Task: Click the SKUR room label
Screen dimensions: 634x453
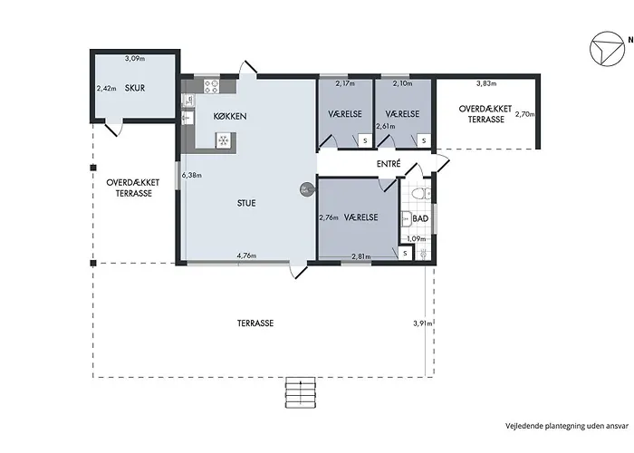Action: pos(135,88)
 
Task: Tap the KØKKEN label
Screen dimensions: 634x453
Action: pos(230,117)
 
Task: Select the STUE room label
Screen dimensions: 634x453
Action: pos(246,203)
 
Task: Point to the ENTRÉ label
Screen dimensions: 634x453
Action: pos(389,163)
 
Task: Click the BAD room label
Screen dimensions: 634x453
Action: pos(420,219)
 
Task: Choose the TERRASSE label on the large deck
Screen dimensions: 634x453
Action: pos(255,323)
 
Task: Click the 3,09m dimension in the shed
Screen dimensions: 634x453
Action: pos(135,58)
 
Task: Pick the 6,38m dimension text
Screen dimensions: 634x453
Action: pos(192,175)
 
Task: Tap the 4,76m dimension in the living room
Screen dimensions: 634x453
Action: pos(246,255)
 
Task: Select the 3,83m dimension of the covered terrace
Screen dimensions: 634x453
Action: pos(486,83)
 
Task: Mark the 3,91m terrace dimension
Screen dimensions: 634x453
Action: pos(423,323)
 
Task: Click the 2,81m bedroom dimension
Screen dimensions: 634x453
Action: pos(361,256)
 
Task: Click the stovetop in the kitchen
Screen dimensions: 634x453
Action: pos(211,86)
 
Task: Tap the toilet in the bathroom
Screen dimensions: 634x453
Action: pos(421,194)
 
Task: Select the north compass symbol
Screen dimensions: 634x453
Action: pos(607,49)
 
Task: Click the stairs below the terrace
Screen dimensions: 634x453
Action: pos(300,392)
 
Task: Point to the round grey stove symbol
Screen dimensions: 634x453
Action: pos(306,188)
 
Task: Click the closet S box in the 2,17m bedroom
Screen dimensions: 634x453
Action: pos(365,140)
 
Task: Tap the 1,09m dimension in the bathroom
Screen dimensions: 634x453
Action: pos(417,239)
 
